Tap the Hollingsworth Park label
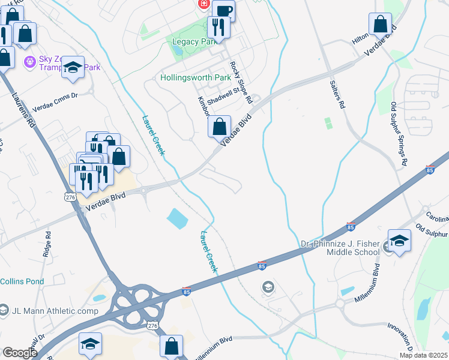pyautogui.click(x=196, y=78)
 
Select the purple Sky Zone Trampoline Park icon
pyautogui.click(x=29, y=61)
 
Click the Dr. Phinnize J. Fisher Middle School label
pyautogui.click(x=340, y=248)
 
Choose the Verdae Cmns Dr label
pyautogui.click(x=58, y=95)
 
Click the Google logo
pyautogui.click(x=19, y=353)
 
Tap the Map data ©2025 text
pyautogui.click(x=423, y=355)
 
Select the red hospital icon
pyautogui.click(x=203, y=4)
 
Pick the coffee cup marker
pyautogui.click(x=223, y=10)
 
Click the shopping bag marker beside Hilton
pyautogui.click(x=380, y=25)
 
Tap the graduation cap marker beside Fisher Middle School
pyautogui.click(x=399, y=241)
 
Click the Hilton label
pyautogui.click(x=360, y=38)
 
